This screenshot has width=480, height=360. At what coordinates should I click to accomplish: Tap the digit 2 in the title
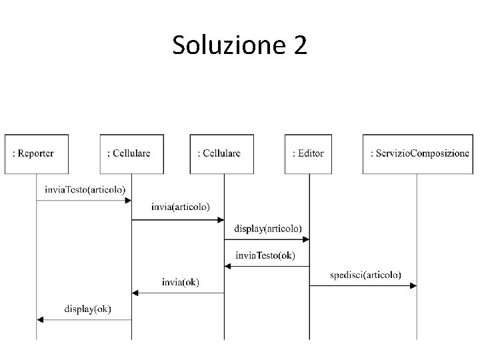299,45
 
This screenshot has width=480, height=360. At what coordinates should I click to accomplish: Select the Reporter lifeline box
37,153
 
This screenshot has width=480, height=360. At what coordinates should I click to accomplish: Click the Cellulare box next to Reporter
131,153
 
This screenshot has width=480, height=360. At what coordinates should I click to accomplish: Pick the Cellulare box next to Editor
223,153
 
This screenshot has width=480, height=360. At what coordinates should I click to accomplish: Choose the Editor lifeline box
309,153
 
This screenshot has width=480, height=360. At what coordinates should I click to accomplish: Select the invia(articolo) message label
179,207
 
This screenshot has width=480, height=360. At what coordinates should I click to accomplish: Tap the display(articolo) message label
267,228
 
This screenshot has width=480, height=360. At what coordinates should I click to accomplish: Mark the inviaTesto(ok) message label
265,255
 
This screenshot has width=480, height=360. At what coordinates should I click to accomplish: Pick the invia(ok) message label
180,281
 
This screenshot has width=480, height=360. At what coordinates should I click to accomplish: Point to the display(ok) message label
87,309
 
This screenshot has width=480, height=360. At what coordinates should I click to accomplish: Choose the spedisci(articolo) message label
365,274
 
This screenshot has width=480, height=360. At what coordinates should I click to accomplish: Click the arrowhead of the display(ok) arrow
40,320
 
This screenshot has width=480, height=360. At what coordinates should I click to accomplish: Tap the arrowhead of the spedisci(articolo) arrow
413,285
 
